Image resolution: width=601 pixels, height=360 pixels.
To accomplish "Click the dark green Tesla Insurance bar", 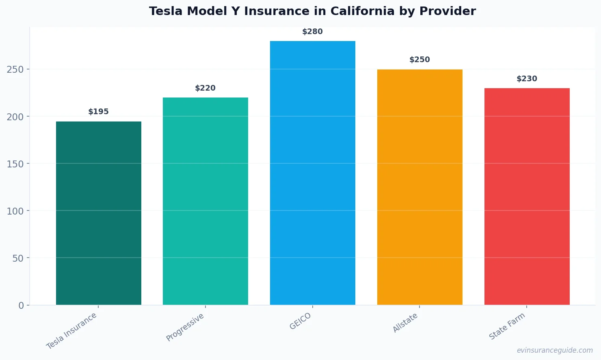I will point(99,213).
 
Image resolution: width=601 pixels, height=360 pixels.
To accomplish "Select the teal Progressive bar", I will point(205,201).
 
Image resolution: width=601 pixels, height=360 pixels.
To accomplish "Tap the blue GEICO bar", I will point(313,173).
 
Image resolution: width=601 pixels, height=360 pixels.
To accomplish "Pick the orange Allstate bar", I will point(419,187).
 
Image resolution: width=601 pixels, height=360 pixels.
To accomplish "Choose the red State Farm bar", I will point(527,196).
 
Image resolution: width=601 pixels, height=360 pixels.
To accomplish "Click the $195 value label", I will point(99,112).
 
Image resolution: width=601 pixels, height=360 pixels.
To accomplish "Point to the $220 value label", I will point(205,88).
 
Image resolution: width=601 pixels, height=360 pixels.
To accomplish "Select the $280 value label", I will point(313,32).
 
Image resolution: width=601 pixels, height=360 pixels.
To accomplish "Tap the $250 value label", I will point(419,60).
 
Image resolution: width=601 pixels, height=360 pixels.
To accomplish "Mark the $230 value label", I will point(527,79).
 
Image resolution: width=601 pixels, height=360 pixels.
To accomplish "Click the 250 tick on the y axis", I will point(15,69).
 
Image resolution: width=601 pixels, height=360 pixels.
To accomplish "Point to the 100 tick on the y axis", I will point(15,211).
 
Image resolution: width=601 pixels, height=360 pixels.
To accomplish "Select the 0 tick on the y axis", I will point(21,306).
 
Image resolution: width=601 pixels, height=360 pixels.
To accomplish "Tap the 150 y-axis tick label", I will point(15,164).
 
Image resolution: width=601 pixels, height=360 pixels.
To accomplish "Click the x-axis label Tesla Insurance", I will point(72,331).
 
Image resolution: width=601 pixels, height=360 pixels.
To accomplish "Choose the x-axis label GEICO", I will point(300,321).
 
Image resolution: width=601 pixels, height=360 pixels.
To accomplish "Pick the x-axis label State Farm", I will point(507,326).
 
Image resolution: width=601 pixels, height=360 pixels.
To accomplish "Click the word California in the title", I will point(362,11).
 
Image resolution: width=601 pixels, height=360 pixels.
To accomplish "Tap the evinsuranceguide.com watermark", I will point(555,350).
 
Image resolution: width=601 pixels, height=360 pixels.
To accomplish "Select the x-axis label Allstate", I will point(405,323).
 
